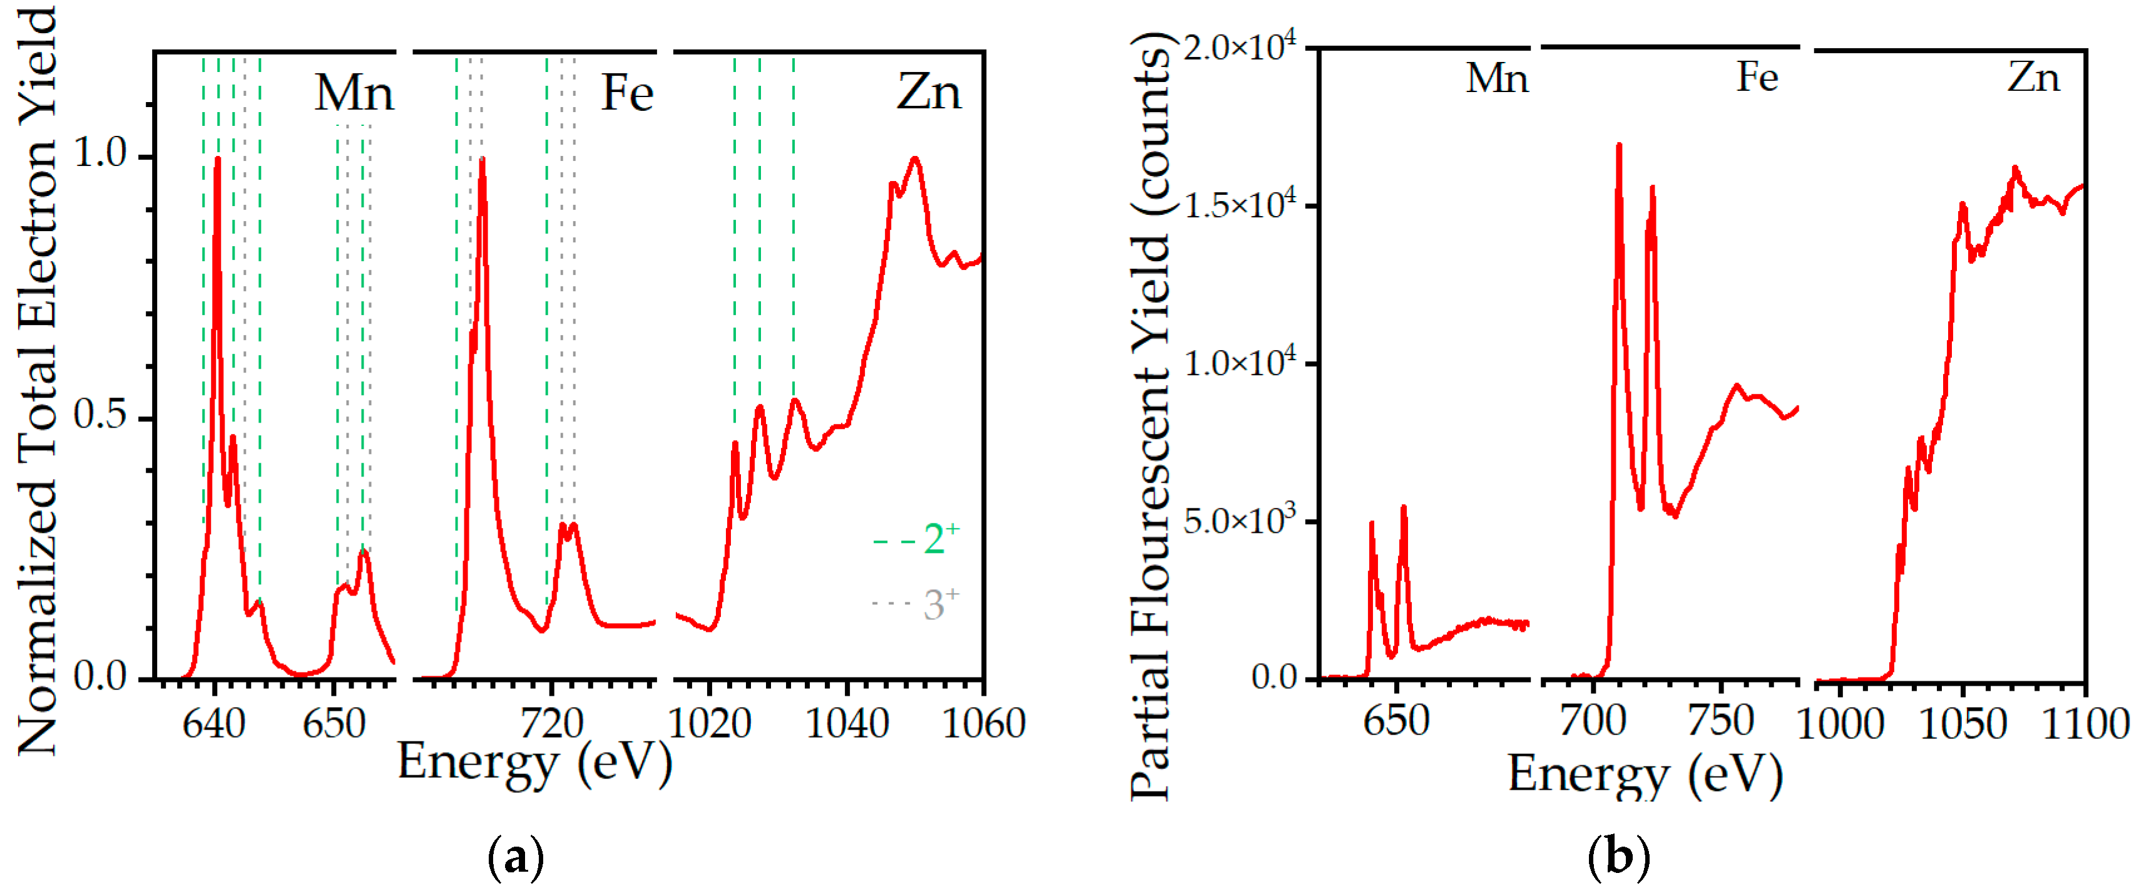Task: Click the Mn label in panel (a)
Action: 354,93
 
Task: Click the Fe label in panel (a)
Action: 627,93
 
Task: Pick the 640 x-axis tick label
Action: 214,725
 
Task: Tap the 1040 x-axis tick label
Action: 847,725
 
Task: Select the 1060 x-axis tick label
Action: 984,725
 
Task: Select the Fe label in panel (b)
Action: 1757,78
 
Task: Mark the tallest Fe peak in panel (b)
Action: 1618,146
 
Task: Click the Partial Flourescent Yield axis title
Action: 1151,415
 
